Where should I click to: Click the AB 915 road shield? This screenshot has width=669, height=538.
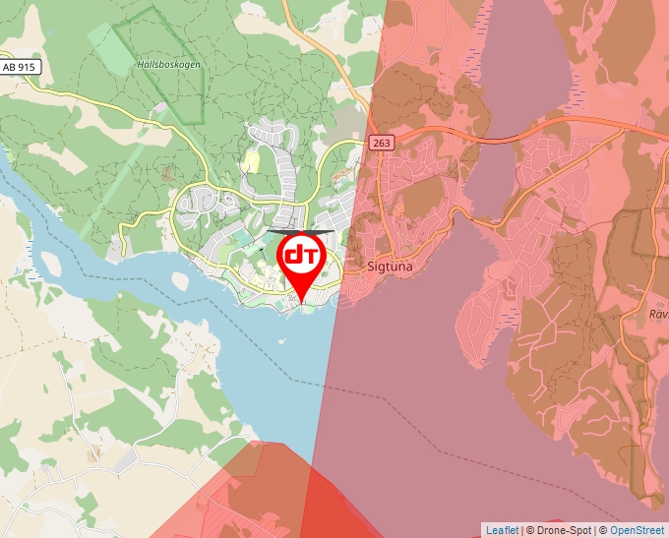click(18, 67)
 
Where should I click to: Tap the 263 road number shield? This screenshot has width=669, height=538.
click(382, 144)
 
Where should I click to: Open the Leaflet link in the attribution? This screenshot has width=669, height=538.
click(502, 530)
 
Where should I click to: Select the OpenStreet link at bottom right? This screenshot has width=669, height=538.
click(638, 530)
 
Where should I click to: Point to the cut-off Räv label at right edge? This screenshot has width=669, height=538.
click(658, 315)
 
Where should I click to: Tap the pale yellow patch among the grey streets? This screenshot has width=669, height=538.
click(252, 159)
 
